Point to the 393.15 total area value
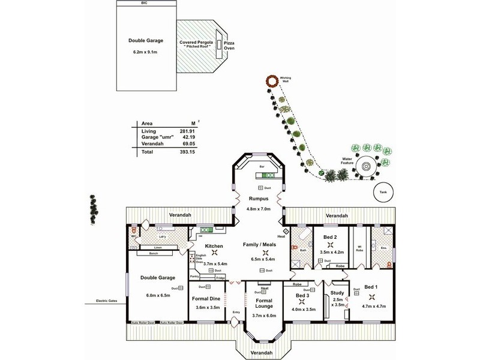tap(173, 152)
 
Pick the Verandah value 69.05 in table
tap(173, 145)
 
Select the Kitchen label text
tap(214, 246)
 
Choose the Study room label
tap(337, 293)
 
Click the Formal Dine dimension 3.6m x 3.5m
tap(208, 307)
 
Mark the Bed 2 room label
tap(330, 238)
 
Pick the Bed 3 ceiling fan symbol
tap(302, 302)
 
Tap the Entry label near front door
tap(236, 311)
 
